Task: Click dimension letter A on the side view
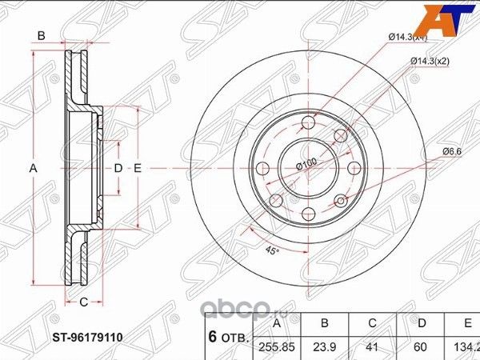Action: [33, 168]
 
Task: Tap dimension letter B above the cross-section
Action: [40, 35]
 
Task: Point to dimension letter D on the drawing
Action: [118, 168]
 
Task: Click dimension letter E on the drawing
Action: [138, 168]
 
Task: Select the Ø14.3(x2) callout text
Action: [428, 61]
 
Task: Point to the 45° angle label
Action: [272, 251]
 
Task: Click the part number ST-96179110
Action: [90, 338]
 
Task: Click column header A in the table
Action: [277, 323]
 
